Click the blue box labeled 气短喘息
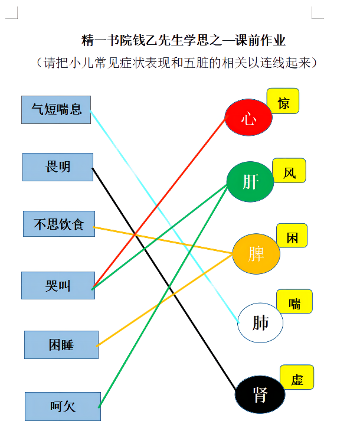coord(56,110)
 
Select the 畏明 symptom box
coord(58,167)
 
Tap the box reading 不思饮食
coord(59,224)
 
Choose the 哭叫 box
coord(58,285)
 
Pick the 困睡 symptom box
coord(61,345)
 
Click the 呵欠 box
coord(63,406)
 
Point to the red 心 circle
coord(248,118)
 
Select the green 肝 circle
coord(250,182)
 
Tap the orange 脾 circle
coord(256,254)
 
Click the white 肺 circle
coord(260,323)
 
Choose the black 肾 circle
coord(260,394)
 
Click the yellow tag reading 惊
coord(283,101)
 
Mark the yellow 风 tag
coord(289,171)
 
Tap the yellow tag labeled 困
coord(292,236)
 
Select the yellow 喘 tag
coord(294,301)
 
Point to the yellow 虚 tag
coord(297,377)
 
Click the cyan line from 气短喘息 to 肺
coord(165,217)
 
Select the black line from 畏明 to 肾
coord(163,279)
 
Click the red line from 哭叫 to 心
coord(159,201)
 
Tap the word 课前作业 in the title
coord(260,40)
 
